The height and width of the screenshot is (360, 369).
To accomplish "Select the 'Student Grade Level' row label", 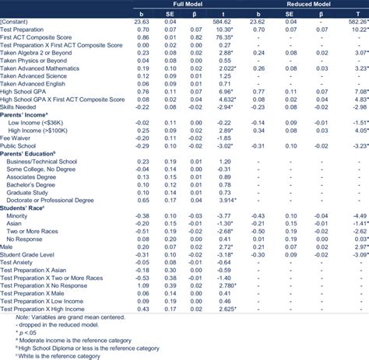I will (33, 253).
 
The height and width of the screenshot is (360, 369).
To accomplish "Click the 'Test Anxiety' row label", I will (22, 262).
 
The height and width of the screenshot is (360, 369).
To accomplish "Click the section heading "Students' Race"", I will (26, 206).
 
